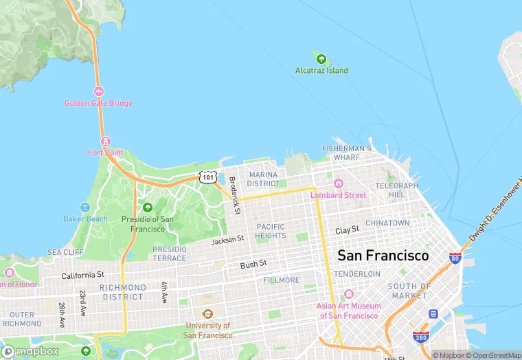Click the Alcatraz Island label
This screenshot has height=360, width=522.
321,71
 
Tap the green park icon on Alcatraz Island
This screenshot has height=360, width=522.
321,58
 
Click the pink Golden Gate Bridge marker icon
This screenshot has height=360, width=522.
99,91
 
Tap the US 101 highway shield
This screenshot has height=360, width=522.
209,177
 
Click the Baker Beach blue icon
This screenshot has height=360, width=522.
85,207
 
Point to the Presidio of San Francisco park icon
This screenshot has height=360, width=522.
147,207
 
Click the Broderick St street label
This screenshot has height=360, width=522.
234,195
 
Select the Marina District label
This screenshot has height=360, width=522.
264,179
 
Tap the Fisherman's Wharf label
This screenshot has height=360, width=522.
347,153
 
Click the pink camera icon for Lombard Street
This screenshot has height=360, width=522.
338,183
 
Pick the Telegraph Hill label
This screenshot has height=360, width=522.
396,190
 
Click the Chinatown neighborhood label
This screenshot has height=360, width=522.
387,223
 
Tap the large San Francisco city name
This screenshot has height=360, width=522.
383,256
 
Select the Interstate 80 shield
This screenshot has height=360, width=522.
455,258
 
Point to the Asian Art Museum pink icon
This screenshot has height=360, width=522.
348,294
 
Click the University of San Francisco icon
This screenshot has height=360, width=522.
207,314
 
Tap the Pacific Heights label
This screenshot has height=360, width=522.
271,231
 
